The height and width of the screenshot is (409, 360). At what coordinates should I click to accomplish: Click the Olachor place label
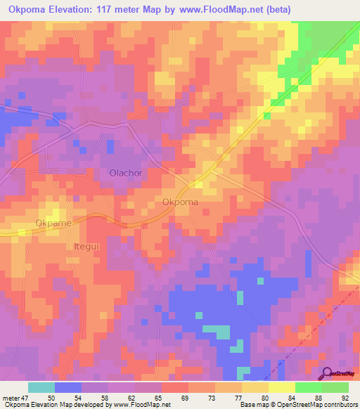point(127,173)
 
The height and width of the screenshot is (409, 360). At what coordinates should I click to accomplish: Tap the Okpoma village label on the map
point(180,202)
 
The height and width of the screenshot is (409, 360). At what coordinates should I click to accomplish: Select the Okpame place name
point(53,223)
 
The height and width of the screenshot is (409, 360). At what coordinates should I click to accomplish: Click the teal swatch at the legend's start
point(41,387)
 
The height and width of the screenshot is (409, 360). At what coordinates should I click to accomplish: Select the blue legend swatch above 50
point(68,387)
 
